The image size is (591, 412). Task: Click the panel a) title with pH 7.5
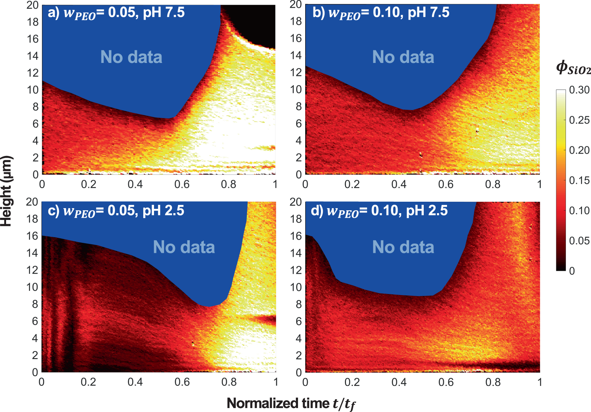(x=116, y=13)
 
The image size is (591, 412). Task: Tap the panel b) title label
(x=381, y=13)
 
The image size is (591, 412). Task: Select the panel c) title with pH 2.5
(x=116, y=211)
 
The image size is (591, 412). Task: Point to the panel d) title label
(x=379, y=211)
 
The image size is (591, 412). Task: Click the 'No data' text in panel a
(x=131, y=57)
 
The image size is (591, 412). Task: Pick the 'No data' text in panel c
(x=184, y=247)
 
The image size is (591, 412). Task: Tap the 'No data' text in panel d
(x=403, y=247)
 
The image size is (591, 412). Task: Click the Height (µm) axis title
(x=6, y=191)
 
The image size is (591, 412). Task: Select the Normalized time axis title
(x=291, y=403)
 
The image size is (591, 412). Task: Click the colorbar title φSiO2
(x=573, y=68)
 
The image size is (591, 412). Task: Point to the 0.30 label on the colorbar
(x=579, y=90)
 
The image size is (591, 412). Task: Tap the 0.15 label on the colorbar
(x=579, y=180)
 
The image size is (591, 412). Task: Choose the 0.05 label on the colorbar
(x=579, y=241)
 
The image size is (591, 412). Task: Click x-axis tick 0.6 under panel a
(x=182, y=184)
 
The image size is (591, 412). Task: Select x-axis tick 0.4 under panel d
(x=399, y=382)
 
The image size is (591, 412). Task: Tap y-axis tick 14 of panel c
(x=32, y=253)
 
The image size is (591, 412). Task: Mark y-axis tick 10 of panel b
(x=296, y=89)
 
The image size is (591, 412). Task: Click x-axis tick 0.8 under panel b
(x=493, y=184)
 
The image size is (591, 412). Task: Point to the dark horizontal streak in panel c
(x=263, y=319)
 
